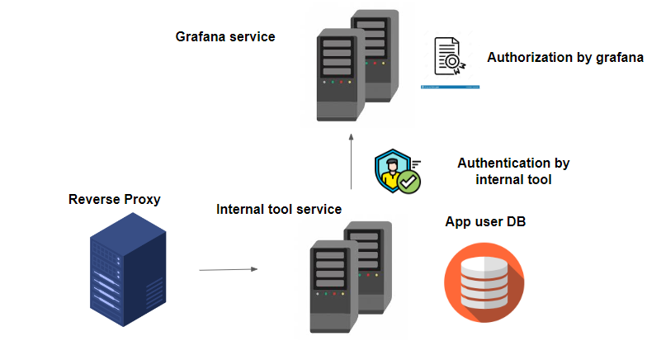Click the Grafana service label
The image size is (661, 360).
pos(225,37)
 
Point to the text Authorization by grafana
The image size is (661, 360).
pos(565,58)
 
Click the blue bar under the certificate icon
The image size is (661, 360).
pos(450,86)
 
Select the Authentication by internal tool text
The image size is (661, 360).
pos(513,171)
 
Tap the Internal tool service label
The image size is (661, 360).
pos(279,210)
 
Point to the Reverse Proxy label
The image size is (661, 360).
pos(115,200)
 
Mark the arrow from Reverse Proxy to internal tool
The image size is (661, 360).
pos(228,269)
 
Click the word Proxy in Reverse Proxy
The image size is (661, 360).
pos(142,200)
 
